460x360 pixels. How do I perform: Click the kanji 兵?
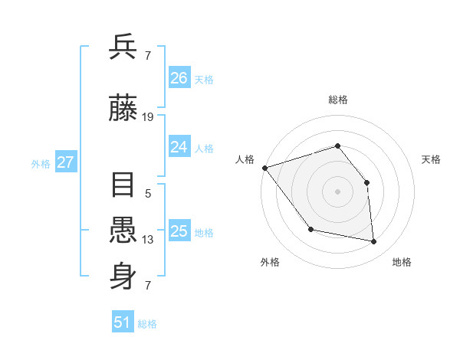123,47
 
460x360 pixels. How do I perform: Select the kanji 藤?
123,110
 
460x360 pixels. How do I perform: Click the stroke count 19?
148,117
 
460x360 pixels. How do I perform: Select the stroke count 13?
148,240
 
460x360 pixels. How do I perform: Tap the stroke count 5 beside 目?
148,194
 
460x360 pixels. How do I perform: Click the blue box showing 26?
179,78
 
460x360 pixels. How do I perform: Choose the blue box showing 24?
179,148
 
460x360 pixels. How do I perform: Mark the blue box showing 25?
179,232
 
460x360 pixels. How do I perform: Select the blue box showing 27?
65,162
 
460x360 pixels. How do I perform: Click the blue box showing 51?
123,322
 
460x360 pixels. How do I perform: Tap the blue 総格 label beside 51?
147,324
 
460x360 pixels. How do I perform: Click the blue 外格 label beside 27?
41,163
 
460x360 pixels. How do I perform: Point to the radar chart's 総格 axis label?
337,100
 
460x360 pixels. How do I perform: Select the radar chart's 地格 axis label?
402,262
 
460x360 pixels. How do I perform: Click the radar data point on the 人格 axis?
264,168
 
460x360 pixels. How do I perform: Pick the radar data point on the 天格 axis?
366,182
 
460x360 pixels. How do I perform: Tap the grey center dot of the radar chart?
337,191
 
